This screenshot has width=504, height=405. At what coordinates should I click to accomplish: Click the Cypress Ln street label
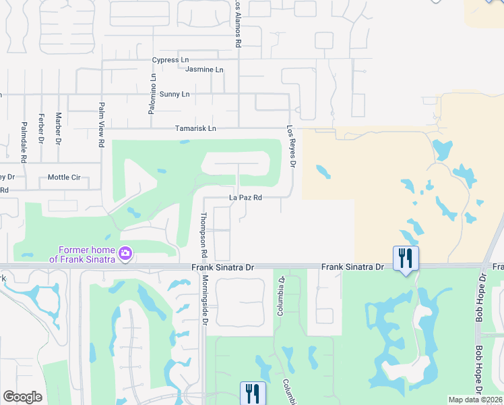coord(170,60)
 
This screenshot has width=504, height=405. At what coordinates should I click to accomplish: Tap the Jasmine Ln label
coord(203,70)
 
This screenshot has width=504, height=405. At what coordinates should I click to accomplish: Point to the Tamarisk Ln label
coord(195,128)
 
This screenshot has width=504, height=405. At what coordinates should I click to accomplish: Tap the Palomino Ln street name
coord(152,94)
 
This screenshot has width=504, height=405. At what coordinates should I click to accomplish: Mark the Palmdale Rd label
coord(24,142)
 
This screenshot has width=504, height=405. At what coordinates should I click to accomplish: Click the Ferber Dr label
coord(41,128)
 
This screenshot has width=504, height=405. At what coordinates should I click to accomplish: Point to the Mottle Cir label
coord(64,178)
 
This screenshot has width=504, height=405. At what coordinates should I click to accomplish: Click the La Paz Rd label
coord(245,198)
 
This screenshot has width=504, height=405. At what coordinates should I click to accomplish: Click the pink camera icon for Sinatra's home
coord(125,254)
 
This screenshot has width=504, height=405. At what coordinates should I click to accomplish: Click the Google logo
coord(23,397)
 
